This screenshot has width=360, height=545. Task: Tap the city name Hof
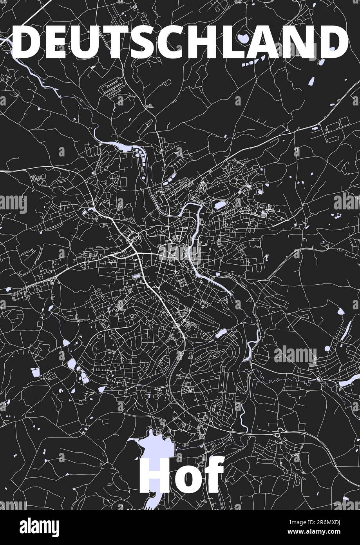coord(181,475)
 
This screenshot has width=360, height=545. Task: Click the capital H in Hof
coord(157,475)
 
